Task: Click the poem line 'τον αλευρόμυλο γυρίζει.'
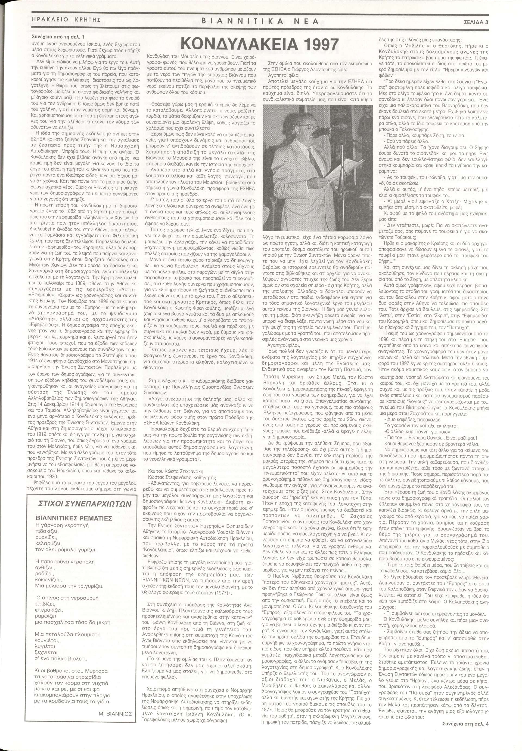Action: (x=66, y=550)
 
